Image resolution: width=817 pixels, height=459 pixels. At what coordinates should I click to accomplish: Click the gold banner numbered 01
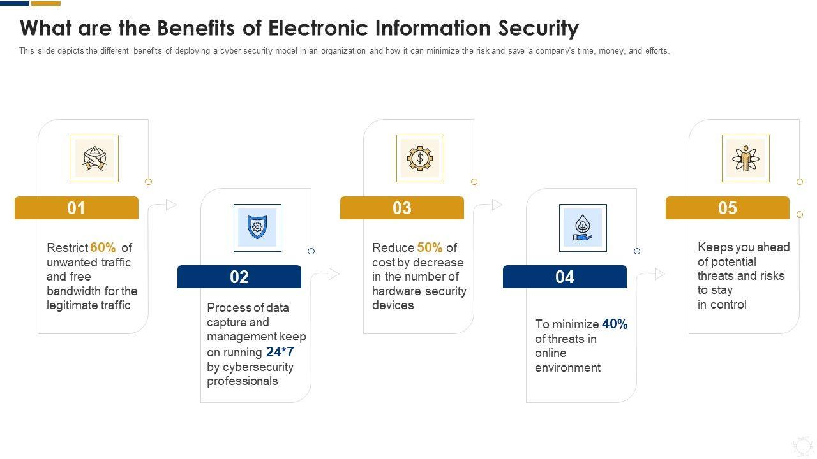77,208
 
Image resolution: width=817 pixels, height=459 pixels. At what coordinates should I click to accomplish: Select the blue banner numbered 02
239,277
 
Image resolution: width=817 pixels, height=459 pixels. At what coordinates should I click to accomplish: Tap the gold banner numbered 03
402,208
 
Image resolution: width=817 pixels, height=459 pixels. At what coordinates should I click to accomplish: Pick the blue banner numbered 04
565,277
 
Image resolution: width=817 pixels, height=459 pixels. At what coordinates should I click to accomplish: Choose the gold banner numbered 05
728,208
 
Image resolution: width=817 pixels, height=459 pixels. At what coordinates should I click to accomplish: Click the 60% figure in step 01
103,247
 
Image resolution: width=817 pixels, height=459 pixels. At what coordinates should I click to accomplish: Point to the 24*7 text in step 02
280,352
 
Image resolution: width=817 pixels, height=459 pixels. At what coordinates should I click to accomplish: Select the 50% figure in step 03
430,247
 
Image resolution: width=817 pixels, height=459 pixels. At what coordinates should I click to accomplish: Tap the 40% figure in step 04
615,324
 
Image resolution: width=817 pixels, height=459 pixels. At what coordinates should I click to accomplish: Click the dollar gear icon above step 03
420,158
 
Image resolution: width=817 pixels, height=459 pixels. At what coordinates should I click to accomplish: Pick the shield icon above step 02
257,228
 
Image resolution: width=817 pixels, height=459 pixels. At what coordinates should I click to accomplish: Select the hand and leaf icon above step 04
583,228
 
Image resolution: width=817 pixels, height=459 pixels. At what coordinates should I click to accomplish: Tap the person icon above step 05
746,158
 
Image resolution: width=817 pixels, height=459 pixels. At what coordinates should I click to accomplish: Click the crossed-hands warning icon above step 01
94,158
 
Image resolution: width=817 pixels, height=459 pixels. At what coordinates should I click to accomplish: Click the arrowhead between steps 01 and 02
171,205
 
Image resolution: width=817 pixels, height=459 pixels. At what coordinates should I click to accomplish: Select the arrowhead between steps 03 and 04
497,205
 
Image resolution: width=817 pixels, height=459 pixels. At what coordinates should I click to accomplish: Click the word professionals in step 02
243,381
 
